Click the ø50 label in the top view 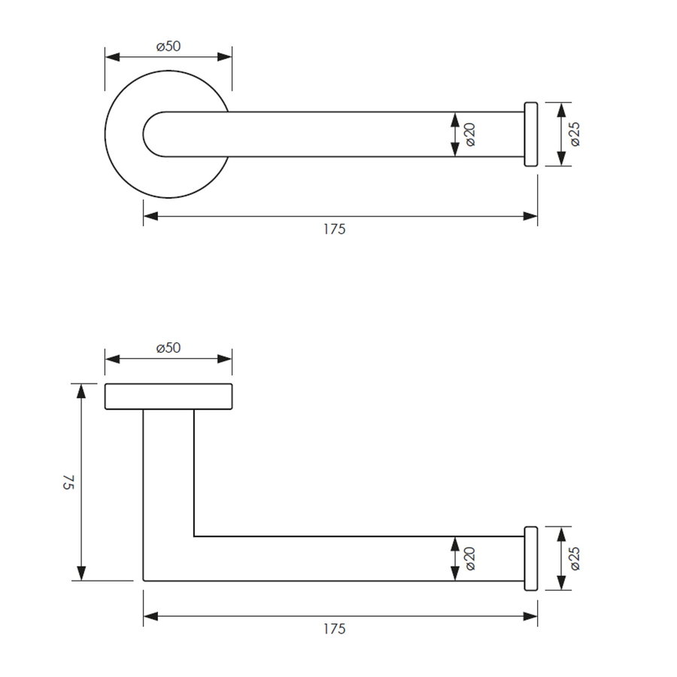point(168,47)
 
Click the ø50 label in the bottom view point(168,348)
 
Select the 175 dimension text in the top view point(335,229)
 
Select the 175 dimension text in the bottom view point(335,629)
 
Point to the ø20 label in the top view point(469,135)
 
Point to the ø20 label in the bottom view point(469,558)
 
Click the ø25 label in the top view point(575,134)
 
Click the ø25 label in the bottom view point(575,558)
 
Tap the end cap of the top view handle point(530,134)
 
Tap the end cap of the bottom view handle point(530,558)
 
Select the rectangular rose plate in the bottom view point(168,396)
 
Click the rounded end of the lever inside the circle point(150,135)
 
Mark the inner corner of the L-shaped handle point(194,536)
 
